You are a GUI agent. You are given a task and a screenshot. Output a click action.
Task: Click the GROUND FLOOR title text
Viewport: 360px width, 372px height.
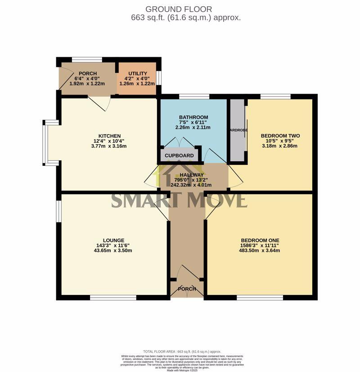pos(179,9)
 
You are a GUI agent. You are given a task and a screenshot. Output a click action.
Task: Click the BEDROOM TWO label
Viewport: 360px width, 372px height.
pos(280,136)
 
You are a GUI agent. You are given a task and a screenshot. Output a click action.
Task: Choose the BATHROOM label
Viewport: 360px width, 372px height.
pos(192,117)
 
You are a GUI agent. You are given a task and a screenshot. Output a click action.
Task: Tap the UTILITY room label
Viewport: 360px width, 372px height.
pos(137,73)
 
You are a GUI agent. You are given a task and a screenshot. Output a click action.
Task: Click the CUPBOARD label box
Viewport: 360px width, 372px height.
pos(179,156)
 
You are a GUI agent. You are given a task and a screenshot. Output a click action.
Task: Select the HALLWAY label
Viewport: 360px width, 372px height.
pos(192,175)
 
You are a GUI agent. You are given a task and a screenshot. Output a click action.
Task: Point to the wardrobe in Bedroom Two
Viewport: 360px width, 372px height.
pos(237,131)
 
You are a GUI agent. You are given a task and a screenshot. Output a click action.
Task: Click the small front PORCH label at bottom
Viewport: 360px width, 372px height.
pos(187,289)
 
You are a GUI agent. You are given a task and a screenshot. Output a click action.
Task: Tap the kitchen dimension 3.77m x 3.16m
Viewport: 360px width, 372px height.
pos(110,146)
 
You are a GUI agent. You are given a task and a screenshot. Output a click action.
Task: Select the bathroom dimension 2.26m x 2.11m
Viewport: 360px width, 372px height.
pos(192,127)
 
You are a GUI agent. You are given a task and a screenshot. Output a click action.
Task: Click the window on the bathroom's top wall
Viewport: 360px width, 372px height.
pos(193,96)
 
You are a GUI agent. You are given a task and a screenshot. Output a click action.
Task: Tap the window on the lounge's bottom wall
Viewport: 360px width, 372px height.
pos(113,297)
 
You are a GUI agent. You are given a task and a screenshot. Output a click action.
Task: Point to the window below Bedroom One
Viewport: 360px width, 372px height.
pos(260,297)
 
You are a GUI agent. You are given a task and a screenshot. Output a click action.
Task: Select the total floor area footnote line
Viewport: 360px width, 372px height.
pos(182,351)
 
